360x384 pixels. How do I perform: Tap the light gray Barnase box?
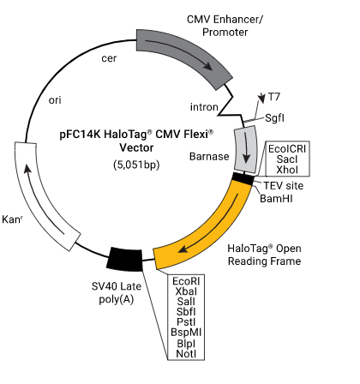tap(245, 149)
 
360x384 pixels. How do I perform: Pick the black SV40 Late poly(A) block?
tap(124, 259)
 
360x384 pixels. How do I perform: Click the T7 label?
tap(274, 97)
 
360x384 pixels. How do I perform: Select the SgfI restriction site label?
tap(274, 118)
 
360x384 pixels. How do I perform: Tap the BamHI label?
tap(276, 198)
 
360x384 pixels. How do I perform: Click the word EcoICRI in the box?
tap(287, 149)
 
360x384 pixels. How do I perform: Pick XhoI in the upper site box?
tap(287, 170)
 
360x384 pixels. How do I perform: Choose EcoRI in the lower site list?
tap(186, 281)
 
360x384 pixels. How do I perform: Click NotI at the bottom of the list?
tap(186, 354)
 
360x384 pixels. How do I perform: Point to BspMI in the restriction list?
tap(186, 333)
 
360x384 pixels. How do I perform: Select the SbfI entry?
tap(186, 312)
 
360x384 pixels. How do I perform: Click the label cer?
tap(109, 58)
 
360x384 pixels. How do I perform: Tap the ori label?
tap(55, 100)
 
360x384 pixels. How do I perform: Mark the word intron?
tap(204, 107)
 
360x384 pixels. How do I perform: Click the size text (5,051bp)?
tap(136, 165)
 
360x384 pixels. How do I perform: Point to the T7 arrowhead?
tap(261, 99)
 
